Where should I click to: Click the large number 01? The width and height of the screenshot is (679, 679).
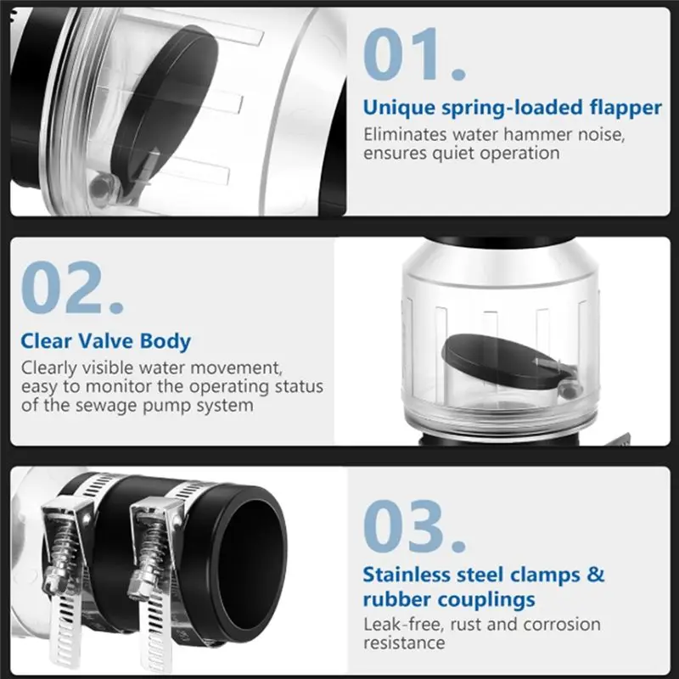point(414,54)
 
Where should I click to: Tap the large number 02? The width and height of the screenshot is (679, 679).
point(72,288)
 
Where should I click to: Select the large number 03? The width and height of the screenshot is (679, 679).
point(414,526)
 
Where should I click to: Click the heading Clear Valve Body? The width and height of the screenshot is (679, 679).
point(105,341)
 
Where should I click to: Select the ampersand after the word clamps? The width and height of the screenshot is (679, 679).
point(596,575)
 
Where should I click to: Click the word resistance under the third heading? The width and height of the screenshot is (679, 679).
point(404,643)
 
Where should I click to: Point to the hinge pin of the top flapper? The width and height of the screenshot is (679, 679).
point(100,187)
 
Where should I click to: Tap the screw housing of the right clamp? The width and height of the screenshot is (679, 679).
point(153,547)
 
